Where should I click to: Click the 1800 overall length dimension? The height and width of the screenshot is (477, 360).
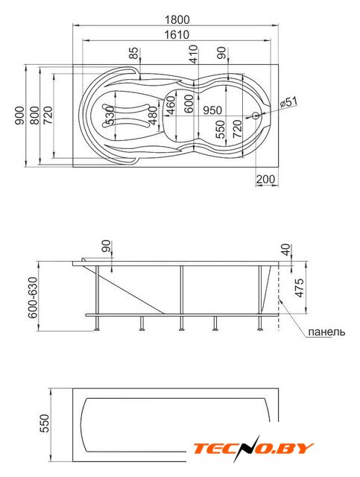click(x=177, y=20)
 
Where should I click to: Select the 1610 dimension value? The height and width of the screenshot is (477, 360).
click(x=177, y=35)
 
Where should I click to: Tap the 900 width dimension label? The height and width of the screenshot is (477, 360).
click(x=19, y=116)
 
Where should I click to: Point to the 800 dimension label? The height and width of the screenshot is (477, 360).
click(x=34, y=116)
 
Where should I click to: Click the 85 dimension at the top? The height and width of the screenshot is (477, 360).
click(x=133, y=53)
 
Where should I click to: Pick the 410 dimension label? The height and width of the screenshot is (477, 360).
click(x=194, y=54)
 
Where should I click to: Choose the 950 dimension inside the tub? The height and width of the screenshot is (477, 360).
click(x=212, y=110)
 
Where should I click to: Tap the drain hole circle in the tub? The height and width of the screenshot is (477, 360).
click(x=256, y=116)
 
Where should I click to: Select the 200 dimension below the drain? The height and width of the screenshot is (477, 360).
click(x=265, y=180)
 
